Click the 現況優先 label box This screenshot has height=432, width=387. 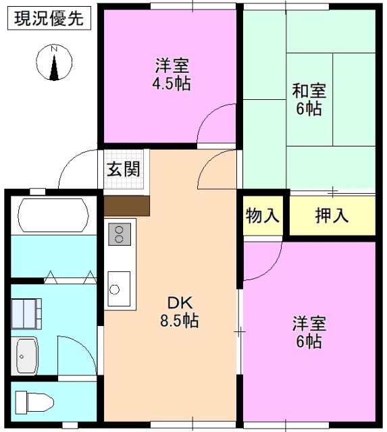(48, 18)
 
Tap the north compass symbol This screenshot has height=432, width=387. (54, 63)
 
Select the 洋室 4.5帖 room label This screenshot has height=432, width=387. (172, 74)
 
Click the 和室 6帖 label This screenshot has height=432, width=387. (308, 99)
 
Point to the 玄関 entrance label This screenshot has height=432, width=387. (123, 169)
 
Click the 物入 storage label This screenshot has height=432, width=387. (262, 216)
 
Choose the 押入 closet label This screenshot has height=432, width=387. (332, 216)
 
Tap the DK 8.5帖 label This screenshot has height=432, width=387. (178, 311)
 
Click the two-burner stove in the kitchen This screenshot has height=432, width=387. (120, 234)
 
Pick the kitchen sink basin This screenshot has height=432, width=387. (119, 285)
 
